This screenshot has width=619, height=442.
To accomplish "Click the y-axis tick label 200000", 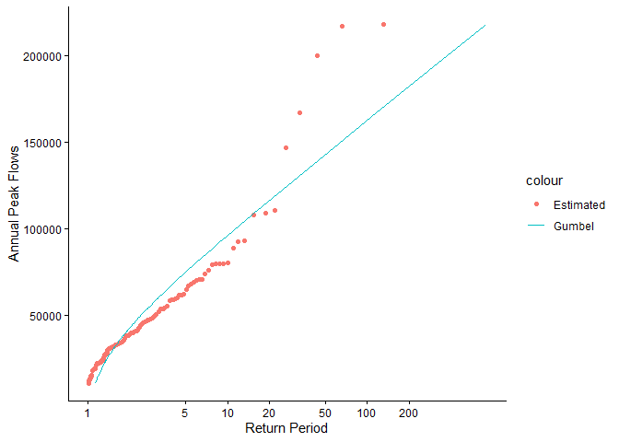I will point(41,56).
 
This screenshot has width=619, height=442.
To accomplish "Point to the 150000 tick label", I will point(41,143).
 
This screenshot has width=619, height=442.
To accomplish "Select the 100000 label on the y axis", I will point(41,229).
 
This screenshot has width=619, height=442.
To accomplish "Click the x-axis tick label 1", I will point(88,413).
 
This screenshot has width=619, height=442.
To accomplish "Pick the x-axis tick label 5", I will point(185,413).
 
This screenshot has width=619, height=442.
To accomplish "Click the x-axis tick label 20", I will point(269,413).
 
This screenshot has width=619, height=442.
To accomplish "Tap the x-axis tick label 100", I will point(367,413).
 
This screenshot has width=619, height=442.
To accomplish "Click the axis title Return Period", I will point(286,428).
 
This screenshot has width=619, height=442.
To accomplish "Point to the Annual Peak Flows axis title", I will point(15,203).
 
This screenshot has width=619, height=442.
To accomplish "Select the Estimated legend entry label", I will point(579,204).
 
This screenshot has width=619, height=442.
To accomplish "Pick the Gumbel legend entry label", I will point(574,226).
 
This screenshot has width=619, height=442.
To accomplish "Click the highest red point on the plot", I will point(383,24).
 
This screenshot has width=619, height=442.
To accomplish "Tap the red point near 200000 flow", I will point(317,55).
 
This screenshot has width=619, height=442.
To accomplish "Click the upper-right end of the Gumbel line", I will point(485,25).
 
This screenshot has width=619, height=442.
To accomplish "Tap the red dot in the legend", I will point(536,204).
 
